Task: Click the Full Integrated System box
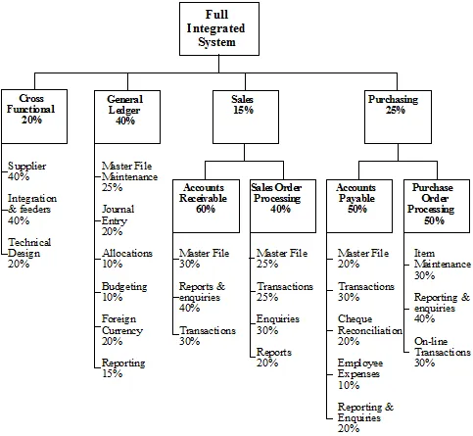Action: tap(219, 28)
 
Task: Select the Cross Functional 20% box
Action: tap(34, 117)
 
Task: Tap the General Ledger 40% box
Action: tap(127, 117)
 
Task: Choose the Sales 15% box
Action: tap(246, 117)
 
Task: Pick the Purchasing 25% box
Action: tap(398, 117)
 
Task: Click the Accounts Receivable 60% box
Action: tap(206, 206)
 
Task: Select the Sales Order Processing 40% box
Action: tap(283, 206)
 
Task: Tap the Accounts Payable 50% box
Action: tap(359, 206)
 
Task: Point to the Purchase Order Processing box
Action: tap(437, 206)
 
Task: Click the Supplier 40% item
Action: tap(27, 171)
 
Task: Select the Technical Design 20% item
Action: tap(29, 253)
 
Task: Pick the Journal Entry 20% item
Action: tap(118, 220)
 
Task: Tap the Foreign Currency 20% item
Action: tap(122, 330)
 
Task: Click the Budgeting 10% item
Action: tap(124, 292)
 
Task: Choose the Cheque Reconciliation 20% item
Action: tap(370, 330)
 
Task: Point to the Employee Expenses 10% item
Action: tap(360, 374)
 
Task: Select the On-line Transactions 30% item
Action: tap(443, 352)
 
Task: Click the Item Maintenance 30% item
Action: tap(443, 264)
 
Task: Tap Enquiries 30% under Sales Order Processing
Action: tap(278, 324)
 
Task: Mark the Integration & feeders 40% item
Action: tap(32, 209)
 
